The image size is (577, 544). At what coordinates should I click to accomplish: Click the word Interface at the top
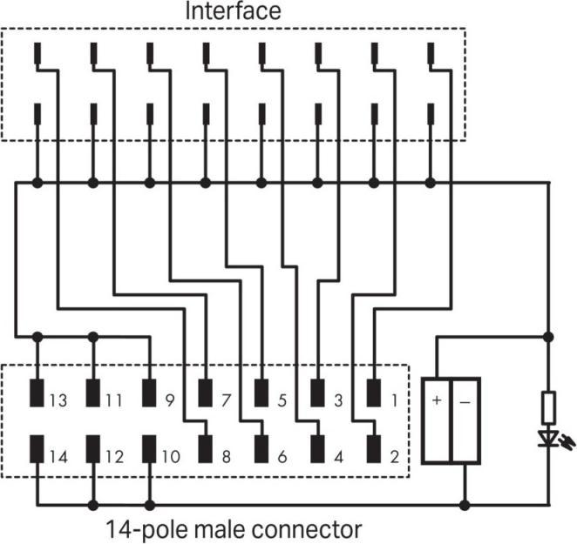(x=232, y=12)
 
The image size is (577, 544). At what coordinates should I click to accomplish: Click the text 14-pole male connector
(x=234, y=527)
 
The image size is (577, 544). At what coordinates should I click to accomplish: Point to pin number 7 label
(x=226, y=401)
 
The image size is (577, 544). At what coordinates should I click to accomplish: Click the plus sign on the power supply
(x=437, y=401)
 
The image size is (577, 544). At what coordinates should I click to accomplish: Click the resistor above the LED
(x=548, y=406)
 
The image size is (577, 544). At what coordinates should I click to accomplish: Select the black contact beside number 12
(x=92, y=449)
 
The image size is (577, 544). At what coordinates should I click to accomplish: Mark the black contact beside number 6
(x=261, y=449)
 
